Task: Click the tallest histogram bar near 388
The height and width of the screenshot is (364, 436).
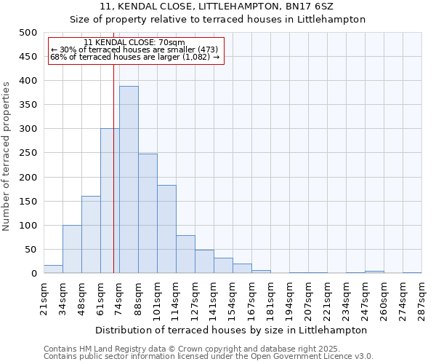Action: [129, 180]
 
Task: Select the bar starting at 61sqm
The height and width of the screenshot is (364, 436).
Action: [110, 201]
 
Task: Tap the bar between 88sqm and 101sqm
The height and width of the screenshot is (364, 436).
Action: [148, 213]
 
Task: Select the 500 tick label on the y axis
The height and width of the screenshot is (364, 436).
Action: [28, 33]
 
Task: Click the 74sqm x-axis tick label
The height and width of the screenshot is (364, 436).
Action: [119, 296]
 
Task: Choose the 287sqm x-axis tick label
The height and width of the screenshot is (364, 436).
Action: [421, 296]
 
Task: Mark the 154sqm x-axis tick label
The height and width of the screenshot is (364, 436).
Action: [233, 296]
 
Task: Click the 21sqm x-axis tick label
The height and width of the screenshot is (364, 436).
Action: [44, 296]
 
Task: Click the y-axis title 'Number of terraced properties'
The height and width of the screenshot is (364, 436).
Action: [7, 156]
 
